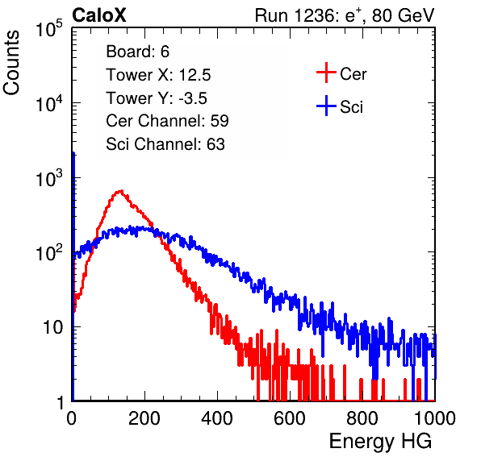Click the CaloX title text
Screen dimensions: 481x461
pyautogui.click(x=99, y=15)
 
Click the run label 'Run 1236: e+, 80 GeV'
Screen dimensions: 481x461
pyautogui.click(x=345, y=15)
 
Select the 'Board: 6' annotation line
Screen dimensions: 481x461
pyautogui.click(x=137, y=52)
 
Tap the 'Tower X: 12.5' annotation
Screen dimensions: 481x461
pyautogui.click(x=158, y=75)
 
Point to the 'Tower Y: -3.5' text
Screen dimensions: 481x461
pyautogui.click(x=157, y=98)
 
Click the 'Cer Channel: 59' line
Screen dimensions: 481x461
pyautogui.click(x=167, y=121)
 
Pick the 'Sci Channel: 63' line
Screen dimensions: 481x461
pyautogui.click(x=165, y=144)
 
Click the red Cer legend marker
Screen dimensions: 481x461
pyautogui.click(x=326, y=73)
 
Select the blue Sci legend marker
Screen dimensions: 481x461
pyautogui.click(x=326, y=106)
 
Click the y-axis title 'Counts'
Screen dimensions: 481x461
pyautogui.click(x=11, y=62)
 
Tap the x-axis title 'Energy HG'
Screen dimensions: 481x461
pyautogui.click(x=380, y=442)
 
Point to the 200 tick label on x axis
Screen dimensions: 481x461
pyautogui.click(x=144, y=418)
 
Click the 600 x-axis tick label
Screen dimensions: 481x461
pyautogui.click(x=290, y=418)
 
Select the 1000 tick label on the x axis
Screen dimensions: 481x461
pyautogui.click(x=435, y=418)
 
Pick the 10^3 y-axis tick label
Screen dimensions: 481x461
pyautogui.click(x=49, y=178)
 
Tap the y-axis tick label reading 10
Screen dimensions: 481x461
pyautogui.click(x=52, y=327)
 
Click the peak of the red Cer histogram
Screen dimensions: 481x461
pyautogui.click(x=121, y=191)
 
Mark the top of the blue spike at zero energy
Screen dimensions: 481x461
pyautogui.click(x=73, y=153)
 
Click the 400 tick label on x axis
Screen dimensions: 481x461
pyautogui.click(x=217, y=418)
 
